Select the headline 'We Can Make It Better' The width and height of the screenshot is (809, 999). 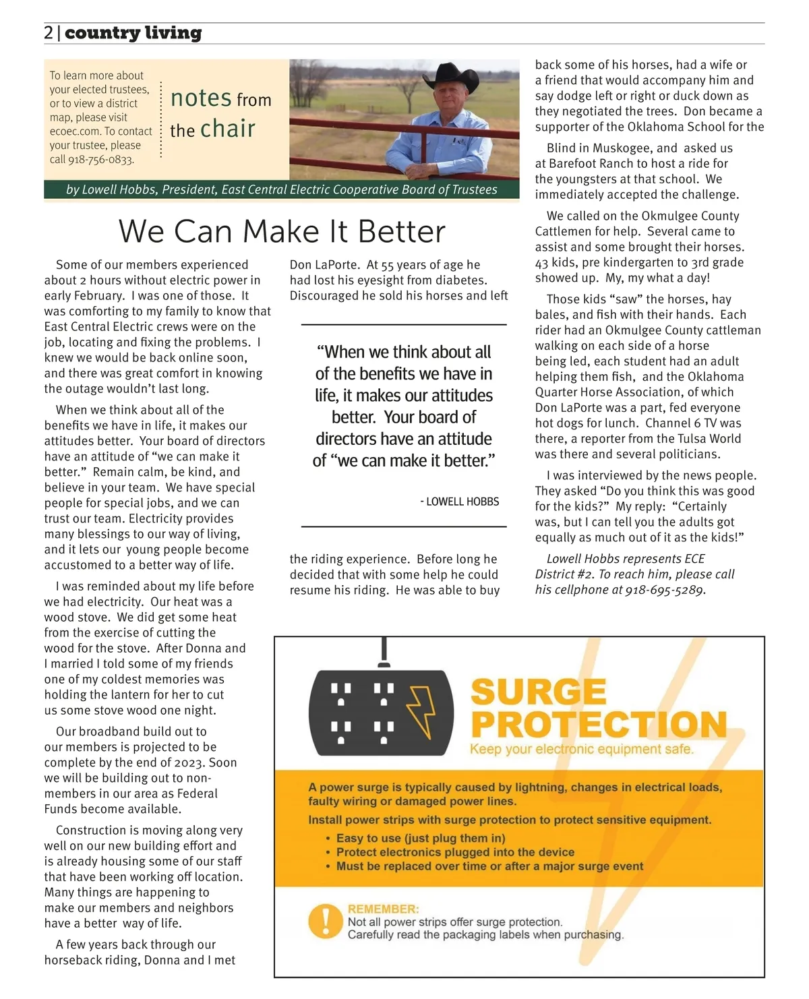[282, 231]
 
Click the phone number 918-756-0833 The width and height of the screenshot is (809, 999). [100, 160]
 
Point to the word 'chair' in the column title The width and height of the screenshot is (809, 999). [227, 128]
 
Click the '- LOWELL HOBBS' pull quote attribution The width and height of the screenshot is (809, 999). [459, 502]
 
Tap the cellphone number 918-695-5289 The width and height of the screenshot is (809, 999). [664, 590]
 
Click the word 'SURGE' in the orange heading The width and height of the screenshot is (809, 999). [538, 692]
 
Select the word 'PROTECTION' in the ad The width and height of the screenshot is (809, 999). [599, 725]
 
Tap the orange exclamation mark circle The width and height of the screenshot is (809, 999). [325, 921]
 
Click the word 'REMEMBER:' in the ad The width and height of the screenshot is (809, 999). [383, 909]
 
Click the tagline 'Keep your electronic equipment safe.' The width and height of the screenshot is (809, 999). [581, 749]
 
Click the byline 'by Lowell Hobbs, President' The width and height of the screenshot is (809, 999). [141, 189]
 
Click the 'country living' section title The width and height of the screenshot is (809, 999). [133, 33]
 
